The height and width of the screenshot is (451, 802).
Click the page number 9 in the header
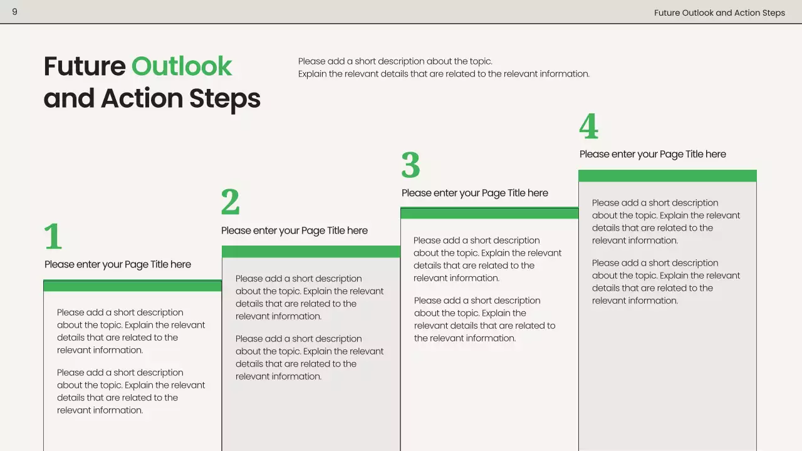tap(14, 12)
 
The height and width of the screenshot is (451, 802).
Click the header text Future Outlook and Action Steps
tap(719, 13)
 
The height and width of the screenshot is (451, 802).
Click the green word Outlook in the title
tap(182, 66)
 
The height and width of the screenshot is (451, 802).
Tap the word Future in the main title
tap(85, 66)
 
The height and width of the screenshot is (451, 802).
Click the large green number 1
tap(53, 237)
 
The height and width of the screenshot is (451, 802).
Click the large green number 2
tap(231, 202)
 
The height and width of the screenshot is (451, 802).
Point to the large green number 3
tap(410, 165)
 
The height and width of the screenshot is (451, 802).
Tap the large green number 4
tap(588, 127)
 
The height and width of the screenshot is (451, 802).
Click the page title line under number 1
tap(118, 264)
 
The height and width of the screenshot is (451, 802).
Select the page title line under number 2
tap(294, 231)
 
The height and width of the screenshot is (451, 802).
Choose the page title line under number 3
tap(475, 193)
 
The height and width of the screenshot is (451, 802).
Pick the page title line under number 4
tap(653, 154)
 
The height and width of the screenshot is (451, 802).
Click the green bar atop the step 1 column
tap(132, 286)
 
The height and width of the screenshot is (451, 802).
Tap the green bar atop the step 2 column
tap(311, 251)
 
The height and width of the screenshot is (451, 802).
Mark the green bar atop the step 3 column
tap(489, 214)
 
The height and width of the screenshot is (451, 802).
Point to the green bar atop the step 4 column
tap(667, 176)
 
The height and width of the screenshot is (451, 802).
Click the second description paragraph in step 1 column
tap(131, 391)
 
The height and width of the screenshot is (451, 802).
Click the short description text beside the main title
tap(444, 68)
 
